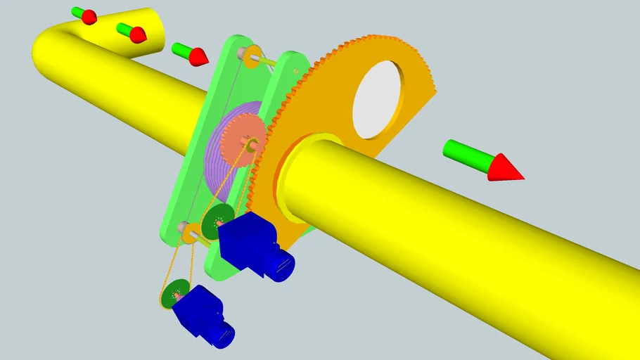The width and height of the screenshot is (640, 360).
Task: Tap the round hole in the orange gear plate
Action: coord(380,98)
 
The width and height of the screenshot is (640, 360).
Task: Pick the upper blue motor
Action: coord(246,243)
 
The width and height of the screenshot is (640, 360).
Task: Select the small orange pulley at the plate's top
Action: coord(252,53)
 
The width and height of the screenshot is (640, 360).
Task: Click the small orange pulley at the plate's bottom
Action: coord(188,231)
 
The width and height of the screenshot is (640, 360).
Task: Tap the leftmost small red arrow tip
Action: coord(89,17)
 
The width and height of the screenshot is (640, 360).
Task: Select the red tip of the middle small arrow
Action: coord(138,33)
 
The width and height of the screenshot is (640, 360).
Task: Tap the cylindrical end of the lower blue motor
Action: coord(225,334)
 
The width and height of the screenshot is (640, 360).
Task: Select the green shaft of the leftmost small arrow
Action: coord(77,12)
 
